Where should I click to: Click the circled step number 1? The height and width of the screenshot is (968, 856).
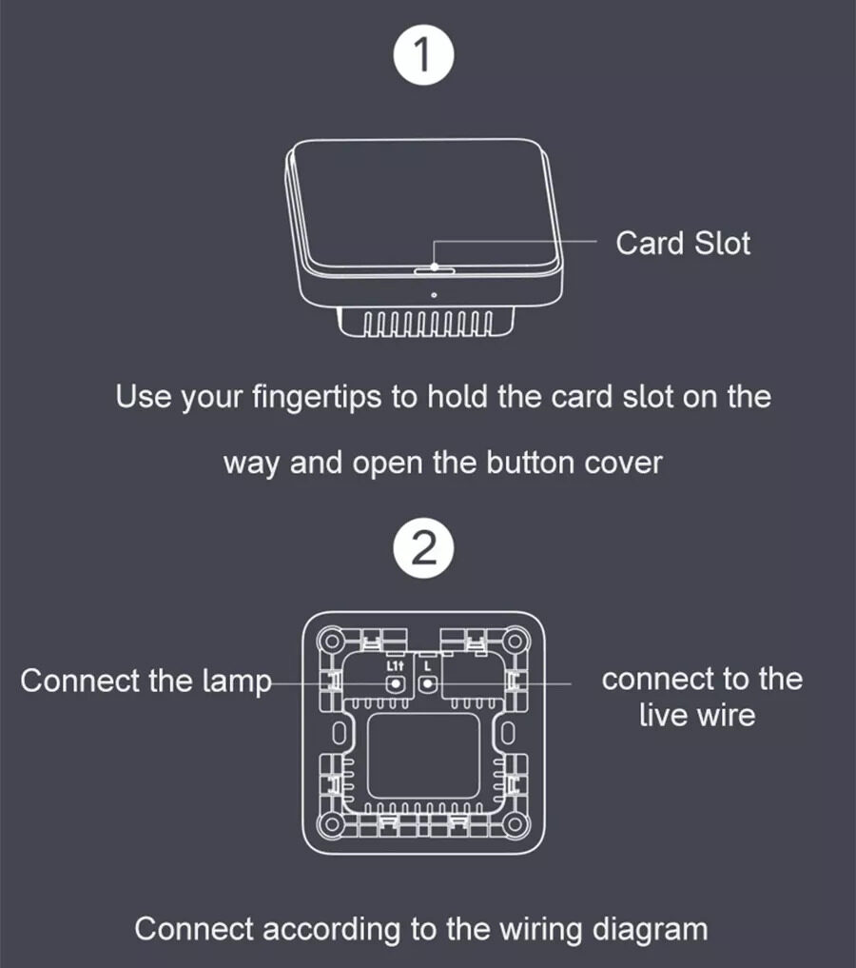tap(423, 54)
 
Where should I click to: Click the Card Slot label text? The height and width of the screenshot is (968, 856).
tap(683, 244)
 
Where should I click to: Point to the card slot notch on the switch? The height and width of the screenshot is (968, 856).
tap(434, 270)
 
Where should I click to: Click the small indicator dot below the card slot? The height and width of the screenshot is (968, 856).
tap(434, 295)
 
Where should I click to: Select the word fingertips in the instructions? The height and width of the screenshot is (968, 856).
tap(317, 398)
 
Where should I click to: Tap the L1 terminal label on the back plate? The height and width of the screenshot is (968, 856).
tap(395, 666)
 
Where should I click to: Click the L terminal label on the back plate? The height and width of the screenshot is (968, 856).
tap(427, 666)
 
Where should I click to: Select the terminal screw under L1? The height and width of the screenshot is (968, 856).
tap(395, 684)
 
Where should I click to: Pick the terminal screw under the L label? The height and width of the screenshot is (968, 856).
tap(427, 684)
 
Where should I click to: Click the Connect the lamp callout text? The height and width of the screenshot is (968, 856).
tap(146, 682)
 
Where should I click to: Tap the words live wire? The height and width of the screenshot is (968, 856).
tap(697, 716)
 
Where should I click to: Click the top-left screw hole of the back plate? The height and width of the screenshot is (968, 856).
tap(332, 642)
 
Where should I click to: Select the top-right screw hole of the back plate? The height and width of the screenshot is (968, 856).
tap(516, 642)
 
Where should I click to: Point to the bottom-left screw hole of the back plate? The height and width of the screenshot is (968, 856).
tap(332, 824)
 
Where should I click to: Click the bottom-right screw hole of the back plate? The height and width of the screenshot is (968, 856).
tap(516, 824)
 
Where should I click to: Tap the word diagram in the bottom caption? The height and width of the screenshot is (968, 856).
tap(650, 930)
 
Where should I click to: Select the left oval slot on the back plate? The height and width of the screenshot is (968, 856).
tap(339, 733)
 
